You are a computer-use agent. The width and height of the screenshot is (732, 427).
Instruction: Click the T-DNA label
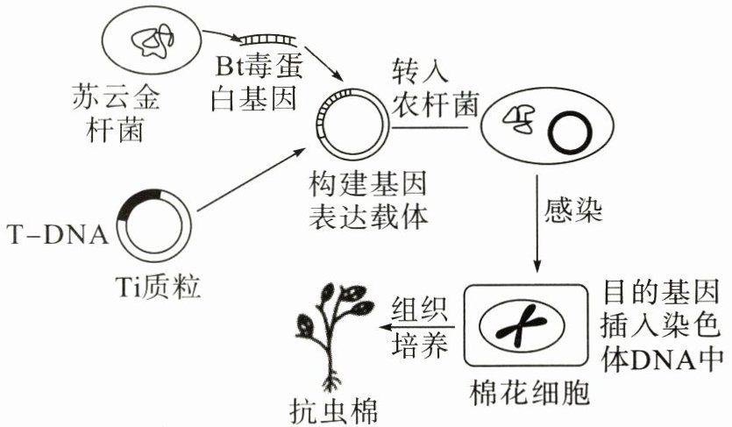click(57, 234)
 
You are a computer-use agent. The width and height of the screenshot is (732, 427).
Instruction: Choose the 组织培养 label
click(418, 324)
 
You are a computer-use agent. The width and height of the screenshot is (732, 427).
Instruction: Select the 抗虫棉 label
click(333, 409)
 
